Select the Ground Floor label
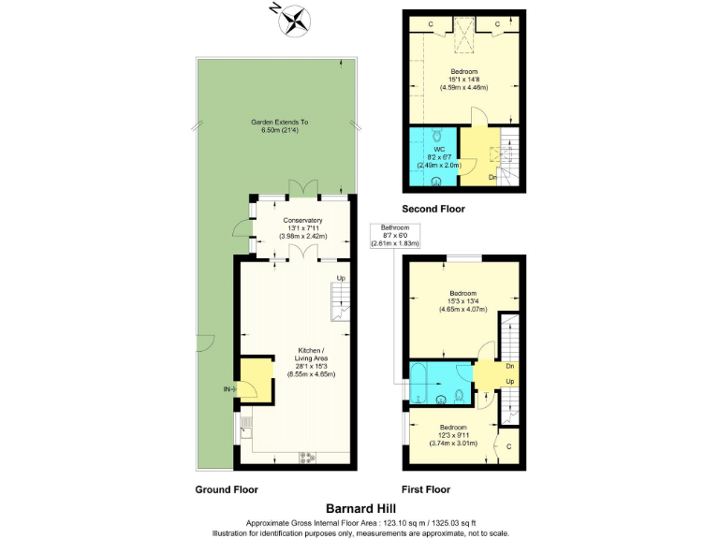[226, 489]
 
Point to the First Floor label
[426, 489]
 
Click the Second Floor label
[433, 209]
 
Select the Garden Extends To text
[279, 123]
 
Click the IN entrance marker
[227, 388]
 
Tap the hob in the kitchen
[307, 457]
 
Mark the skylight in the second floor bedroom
[462, 35]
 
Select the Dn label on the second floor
[492, 177]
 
